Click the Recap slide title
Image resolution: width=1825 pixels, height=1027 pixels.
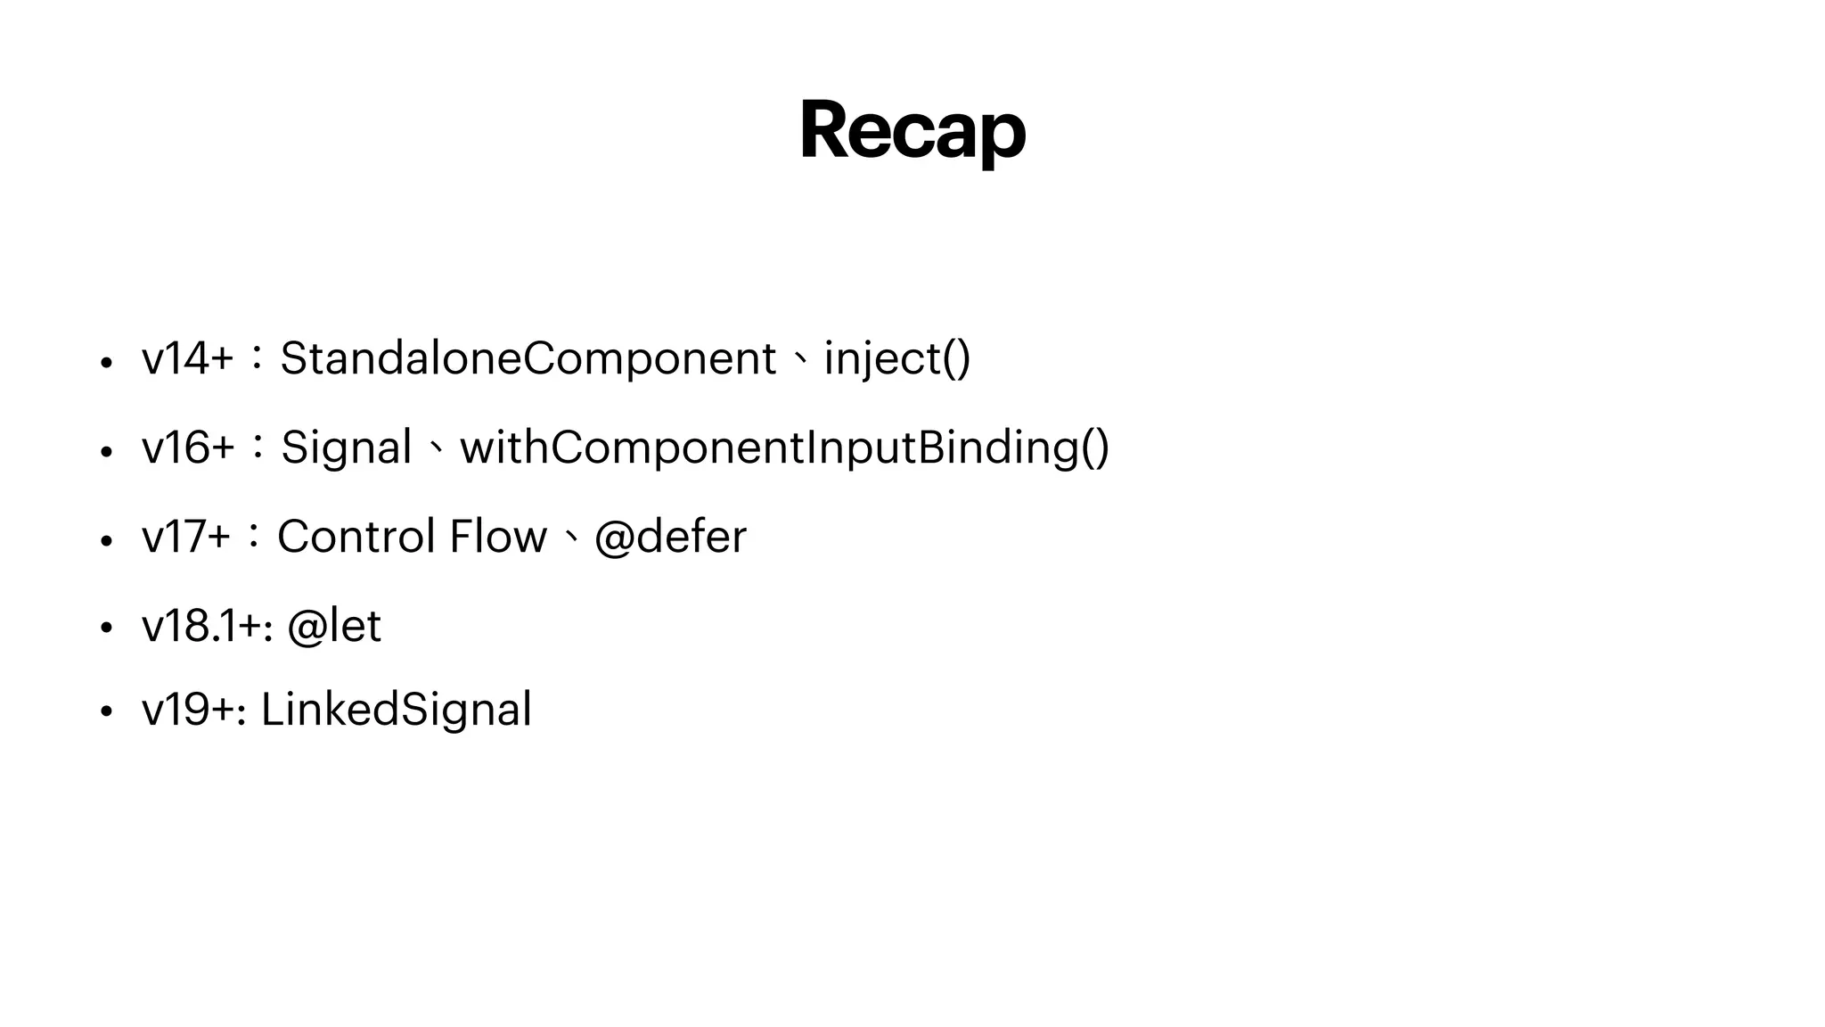(x=912, y=131)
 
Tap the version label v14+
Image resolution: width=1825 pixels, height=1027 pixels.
(x=187, y=358)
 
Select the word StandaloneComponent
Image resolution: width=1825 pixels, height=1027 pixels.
(x=528, y=358)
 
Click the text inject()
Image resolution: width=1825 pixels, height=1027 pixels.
(x=896, y=358)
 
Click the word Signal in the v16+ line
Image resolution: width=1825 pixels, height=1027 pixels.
(x=346, y=447)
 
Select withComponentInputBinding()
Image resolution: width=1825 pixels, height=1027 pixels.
(x=784, y=447)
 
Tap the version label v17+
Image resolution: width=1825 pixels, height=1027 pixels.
(x=186, y=537)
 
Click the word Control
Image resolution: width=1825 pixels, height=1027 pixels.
(x=356, y=537)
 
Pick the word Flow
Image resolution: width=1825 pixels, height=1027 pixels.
(x=497, y=537)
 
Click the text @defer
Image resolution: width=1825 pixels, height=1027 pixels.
(x=670, y=537)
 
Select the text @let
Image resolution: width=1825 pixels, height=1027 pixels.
(x=334, y=626)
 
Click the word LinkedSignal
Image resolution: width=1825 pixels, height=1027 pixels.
(x=396, y=710)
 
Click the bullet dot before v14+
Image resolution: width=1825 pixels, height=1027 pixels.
(x=106, y=363)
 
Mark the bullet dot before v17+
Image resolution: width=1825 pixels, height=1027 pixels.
(x=106, y=541)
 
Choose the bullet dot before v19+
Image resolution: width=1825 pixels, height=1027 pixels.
(x=106, y=713)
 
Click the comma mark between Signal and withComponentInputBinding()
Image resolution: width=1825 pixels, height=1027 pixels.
(x=435, y=448)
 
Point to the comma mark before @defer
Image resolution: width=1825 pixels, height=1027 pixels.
(x=570, y=538)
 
